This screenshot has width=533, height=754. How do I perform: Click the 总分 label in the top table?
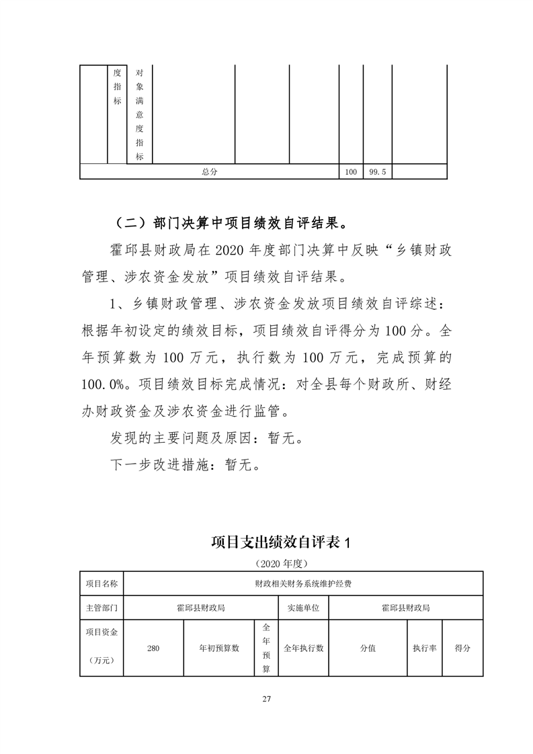click(210, 172)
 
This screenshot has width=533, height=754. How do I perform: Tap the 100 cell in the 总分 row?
click(351, 172)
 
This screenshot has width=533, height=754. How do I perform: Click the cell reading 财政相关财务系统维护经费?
click(303, 583)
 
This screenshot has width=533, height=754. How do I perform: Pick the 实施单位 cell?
click(303, 608)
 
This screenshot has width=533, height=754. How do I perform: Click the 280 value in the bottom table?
click(153, 648)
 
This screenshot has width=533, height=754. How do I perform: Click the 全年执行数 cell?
click(303, 648)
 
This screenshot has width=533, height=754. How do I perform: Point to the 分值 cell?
click(368, 648)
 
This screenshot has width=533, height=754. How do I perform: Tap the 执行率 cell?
click(425, 648)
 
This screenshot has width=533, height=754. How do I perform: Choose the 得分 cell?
click(462, 648)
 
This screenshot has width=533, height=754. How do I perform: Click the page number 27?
click(266, 700)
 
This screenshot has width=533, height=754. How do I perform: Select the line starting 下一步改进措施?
click(185, 465)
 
